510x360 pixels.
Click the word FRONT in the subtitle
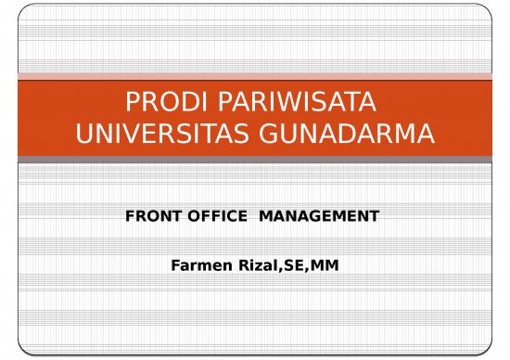(x=148, y=216)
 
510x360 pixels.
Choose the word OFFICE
(x=215, y=216)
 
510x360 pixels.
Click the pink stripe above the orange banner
(x=255, y=76)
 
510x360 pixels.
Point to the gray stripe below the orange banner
(x=255, y=160)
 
